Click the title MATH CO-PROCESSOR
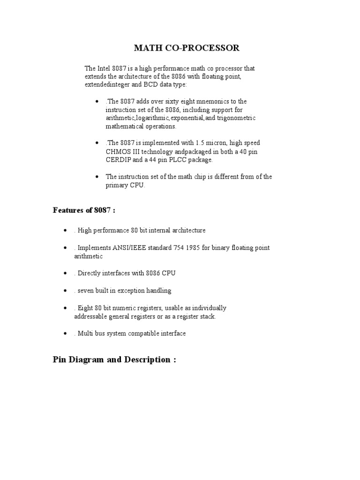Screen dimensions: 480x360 pyautogui.click(x=187, y=48)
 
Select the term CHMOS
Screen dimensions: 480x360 pyautogui.click(x=118, y=151)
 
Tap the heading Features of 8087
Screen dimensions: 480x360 pyautogui.click(x=84, y=210)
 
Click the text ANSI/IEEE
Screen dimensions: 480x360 pyautogui.click(x=118, y=247)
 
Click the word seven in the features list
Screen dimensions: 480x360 pyautogui.click(x=86, y=291)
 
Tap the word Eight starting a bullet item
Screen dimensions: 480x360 pyautogui.click(x=86, y=308)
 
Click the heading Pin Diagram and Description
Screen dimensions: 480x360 pyautogui.click(x=114, y=360)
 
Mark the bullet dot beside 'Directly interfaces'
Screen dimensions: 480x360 pyautogui.click(x=65, y=273)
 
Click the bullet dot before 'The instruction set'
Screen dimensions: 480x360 pyautogui.click(x=97, y=177)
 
